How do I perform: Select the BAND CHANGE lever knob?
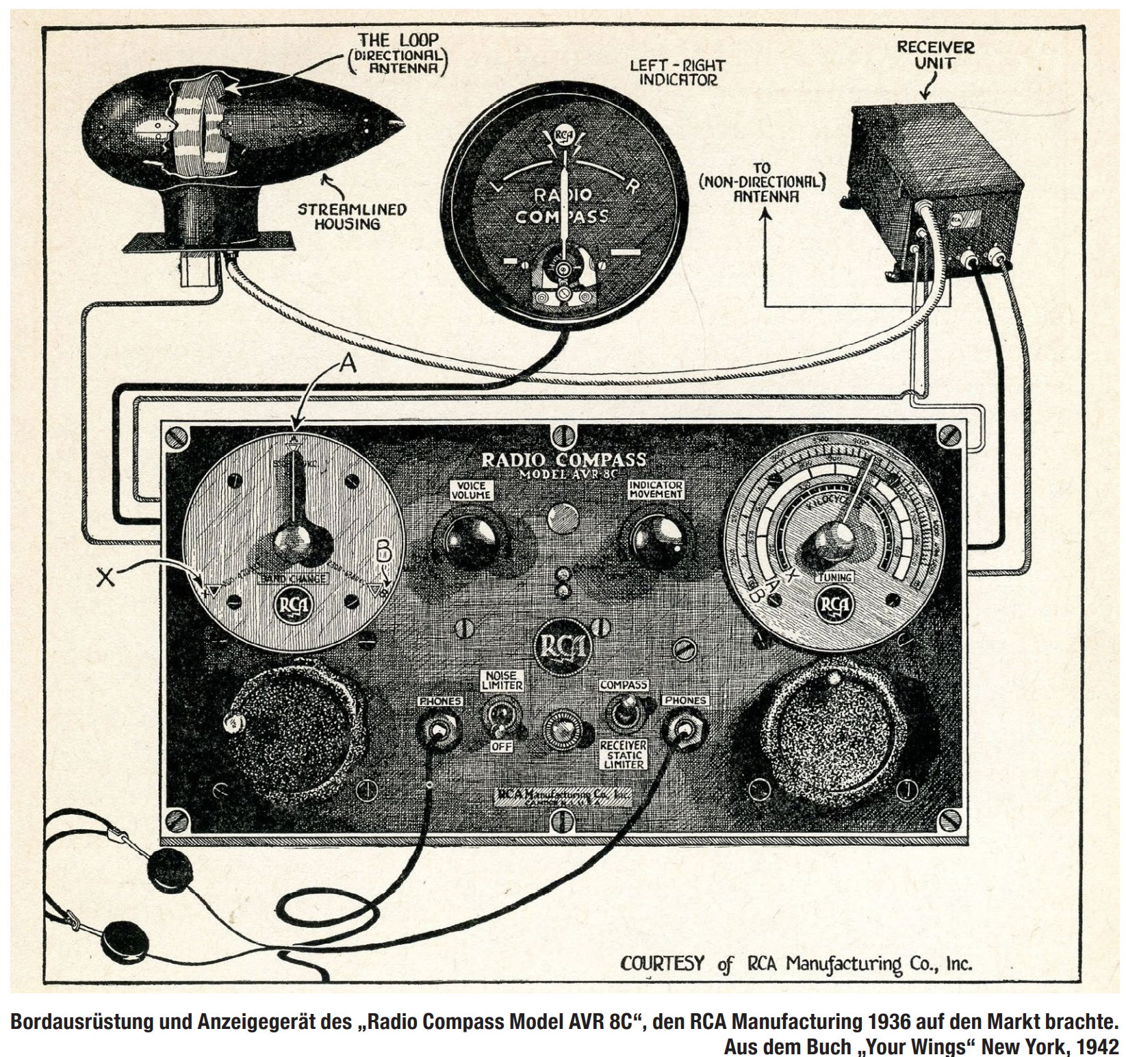coord(293,540)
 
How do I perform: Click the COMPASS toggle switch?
coord(623,712)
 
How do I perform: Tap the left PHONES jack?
coord(436,731)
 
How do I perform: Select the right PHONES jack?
coord(682,733)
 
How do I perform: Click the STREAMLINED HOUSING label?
coord(351,216)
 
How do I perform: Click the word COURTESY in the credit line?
coord(662,963)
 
